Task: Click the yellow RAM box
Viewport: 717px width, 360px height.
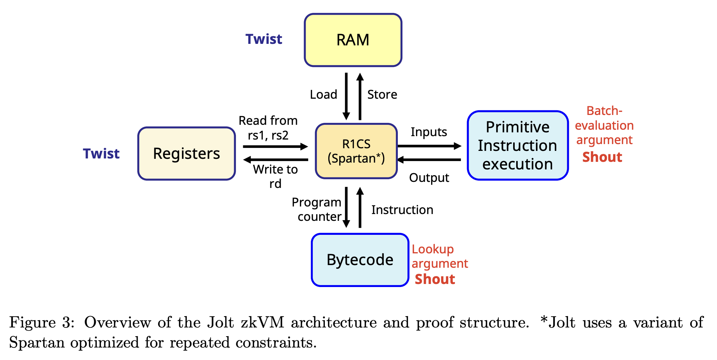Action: (353, 40)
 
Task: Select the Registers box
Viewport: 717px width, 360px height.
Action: (186, 154)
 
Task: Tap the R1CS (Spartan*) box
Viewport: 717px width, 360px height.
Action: (356, 151)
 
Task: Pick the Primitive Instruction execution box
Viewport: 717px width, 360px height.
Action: (517, 146)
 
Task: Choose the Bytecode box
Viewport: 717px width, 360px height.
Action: (360, 260)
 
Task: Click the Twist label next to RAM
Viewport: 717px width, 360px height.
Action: (264, 39)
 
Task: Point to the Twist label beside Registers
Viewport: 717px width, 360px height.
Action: (101, 154)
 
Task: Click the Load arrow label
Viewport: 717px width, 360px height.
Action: (323, 95)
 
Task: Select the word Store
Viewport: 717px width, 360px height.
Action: (382, 95)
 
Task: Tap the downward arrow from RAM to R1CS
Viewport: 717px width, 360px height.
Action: (346, 96)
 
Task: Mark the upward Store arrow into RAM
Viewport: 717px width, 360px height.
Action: (360, 96)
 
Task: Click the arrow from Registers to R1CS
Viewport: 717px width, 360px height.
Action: (275, 146)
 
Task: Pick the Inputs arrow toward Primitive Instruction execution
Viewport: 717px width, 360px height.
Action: (429, 146)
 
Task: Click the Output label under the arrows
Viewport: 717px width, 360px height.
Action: (429, 178)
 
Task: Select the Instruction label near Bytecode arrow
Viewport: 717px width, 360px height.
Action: (402, 210)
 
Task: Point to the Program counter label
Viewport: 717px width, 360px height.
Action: (317, 209)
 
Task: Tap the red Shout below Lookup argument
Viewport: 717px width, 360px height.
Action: (435, 279)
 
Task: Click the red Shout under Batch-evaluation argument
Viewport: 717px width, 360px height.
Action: (602, 157)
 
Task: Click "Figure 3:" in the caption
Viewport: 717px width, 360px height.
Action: (40, 323)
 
